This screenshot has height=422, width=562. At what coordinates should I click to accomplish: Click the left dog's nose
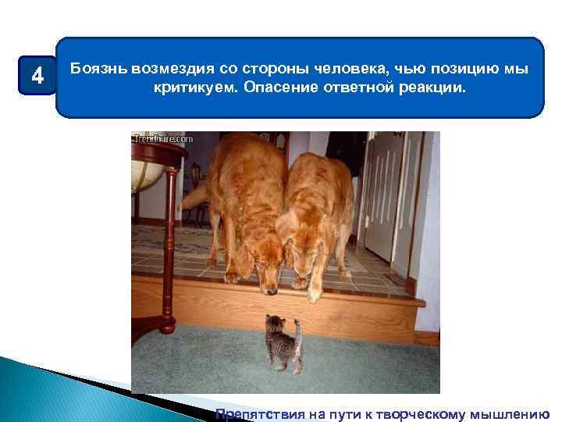(x=271, y=291)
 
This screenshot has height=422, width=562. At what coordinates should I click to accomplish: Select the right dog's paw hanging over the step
(x=315, y=293)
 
